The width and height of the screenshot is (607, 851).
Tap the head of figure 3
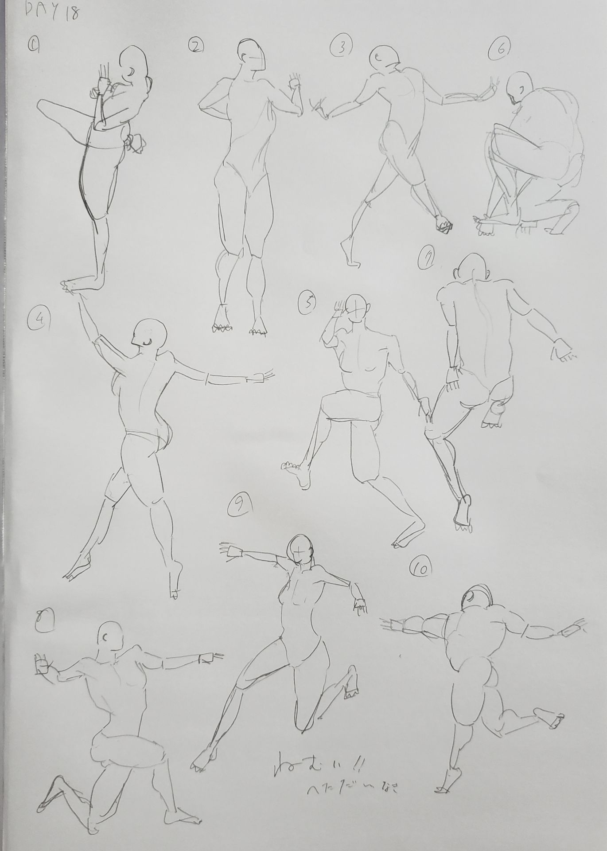384,57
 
